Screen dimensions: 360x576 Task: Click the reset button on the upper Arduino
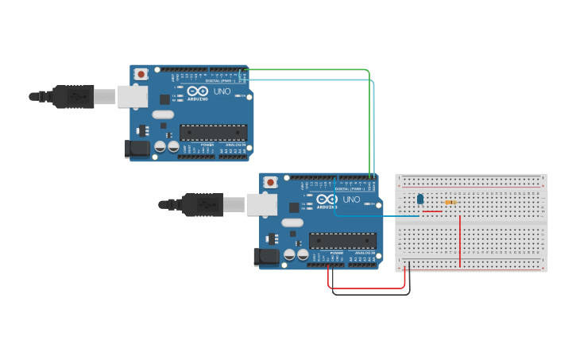coord(141,74)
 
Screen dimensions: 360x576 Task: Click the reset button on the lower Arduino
coord(270,182)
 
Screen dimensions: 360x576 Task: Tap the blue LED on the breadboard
coord(420,199)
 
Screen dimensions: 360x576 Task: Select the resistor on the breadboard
coord(450,202)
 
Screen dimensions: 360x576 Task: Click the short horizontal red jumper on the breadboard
coord(432,211)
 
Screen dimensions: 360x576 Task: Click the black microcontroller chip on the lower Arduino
coord(342,240)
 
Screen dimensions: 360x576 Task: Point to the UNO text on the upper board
coord(222,91)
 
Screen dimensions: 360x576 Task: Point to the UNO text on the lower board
coord(351,199)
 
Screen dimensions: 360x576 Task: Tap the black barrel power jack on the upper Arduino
coord(137,148)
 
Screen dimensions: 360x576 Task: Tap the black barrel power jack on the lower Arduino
coord(266,256)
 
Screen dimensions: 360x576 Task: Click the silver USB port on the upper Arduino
coord(132,96)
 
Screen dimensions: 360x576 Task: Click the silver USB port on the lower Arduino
coord(261,204)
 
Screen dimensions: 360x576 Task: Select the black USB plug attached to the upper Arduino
coord(73,96)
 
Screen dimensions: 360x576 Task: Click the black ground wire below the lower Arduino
coord(369,294)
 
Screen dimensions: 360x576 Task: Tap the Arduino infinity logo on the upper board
coord(198,91)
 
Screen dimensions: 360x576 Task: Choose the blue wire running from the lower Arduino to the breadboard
coord(373,215)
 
